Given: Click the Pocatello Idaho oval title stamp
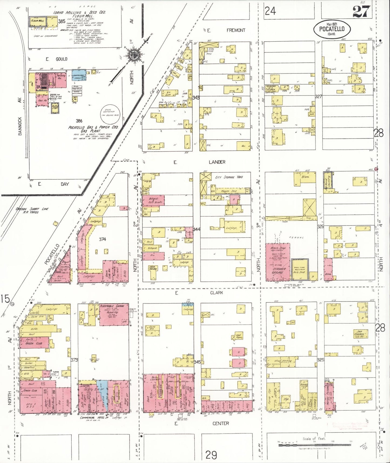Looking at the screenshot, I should tap(332, 29).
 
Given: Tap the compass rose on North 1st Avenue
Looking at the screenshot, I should tap(133, 55).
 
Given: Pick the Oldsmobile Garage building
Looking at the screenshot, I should tap(114, 315).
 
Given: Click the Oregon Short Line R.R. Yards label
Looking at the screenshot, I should tap(27, 210).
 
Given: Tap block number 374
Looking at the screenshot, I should tap(102, 239).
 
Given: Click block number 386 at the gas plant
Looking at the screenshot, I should tap(79, 121).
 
